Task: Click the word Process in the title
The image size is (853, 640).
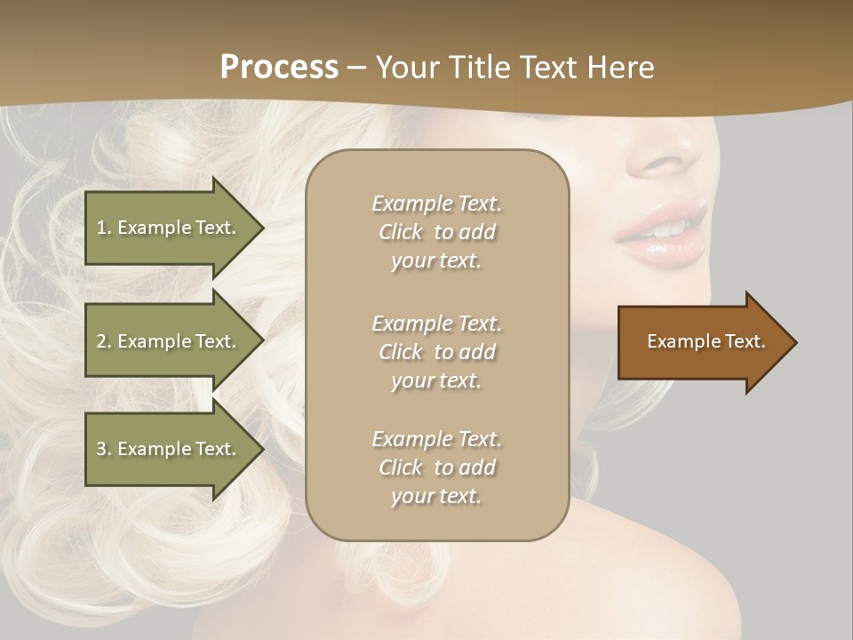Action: click(x=279, y=68)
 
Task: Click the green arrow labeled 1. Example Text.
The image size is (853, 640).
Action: click(x=169, y=228)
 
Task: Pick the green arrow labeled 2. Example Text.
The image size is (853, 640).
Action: click(x=169, y=341)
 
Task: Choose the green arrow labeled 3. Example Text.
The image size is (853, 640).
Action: click(x=169, y=449)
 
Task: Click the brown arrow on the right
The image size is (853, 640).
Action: click(x=702, y=342)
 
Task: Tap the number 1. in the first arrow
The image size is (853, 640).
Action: click(x=104, y=228)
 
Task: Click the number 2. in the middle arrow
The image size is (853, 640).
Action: click(x=104, y=341)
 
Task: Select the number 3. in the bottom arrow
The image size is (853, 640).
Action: click(x=104, y=449)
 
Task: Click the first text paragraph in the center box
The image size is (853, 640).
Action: click(x=436, y=232)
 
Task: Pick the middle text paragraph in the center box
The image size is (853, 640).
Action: click(x=436, y=352)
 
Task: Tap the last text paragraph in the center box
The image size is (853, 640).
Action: click(x=436, y=468)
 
